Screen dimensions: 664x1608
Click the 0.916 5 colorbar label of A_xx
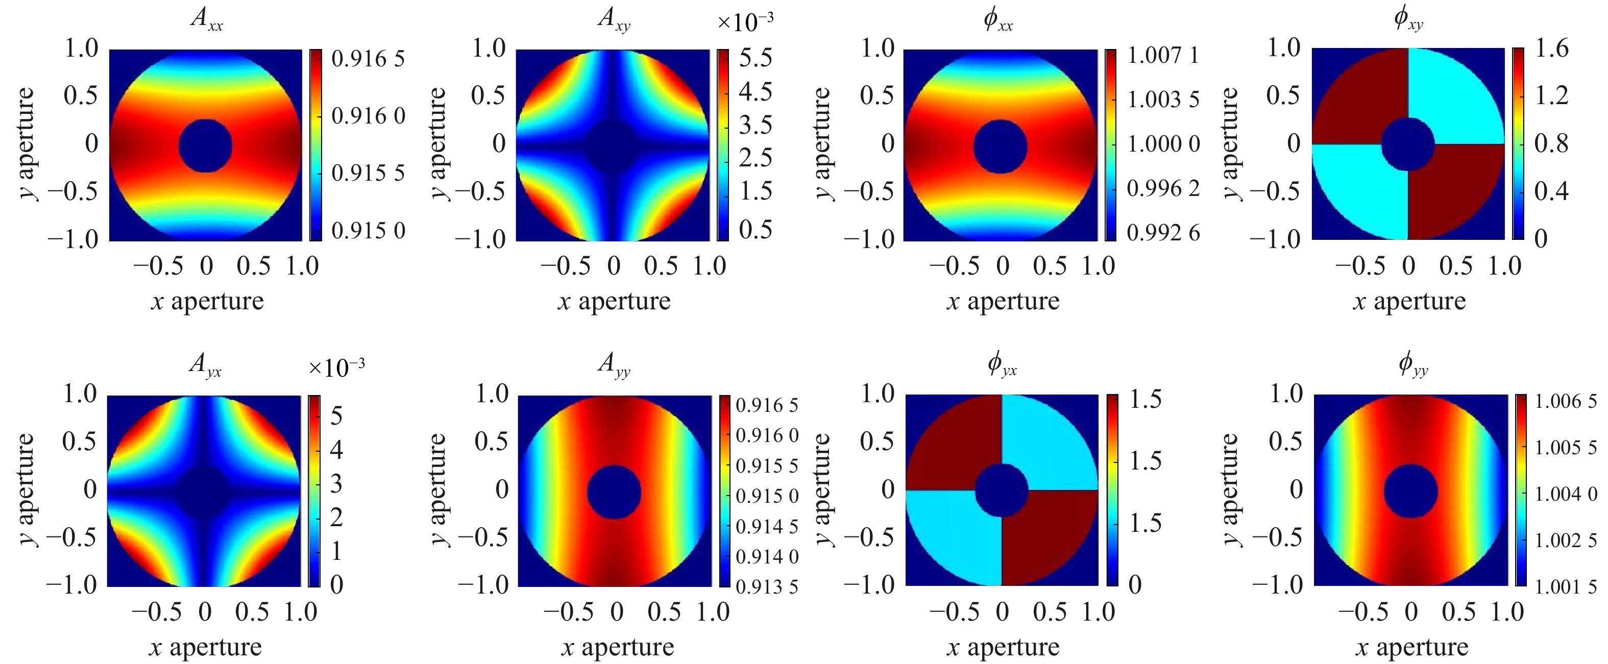[x=368, y=59]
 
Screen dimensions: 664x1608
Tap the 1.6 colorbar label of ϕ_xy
[x=1551, y=48]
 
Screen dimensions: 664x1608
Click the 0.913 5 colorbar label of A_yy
[x=767, y=586]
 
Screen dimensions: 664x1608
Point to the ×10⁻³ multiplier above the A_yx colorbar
[x=336, y=367]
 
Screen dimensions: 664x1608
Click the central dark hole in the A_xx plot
[x=205, y=146]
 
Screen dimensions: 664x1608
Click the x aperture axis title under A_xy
[x=614, y=302]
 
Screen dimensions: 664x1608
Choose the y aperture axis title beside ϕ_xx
[x=823, y=143]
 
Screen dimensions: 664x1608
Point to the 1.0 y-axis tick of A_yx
[x=80, y=394]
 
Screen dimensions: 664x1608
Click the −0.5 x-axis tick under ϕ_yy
[x=1364, y=612]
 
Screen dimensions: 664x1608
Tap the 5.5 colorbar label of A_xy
[x=756, y=58]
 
